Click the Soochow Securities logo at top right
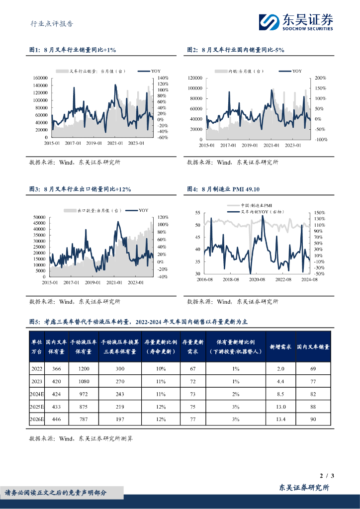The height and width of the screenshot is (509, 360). click(x=295, y=22)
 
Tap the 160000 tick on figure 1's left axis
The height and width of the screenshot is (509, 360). click(x=39, y=78)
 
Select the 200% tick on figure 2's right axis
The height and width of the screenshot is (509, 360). click(x=320, y=78)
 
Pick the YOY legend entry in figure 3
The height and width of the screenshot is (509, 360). click(x=137, y=210)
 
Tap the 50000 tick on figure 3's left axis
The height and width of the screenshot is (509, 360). click(x=39, y=217)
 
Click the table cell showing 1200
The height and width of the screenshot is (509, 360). click(x=83, y=369)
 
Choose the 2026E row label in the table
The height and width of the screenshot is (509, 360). click(x=37, y=419)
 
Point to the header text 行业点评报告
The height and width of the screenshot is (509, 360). click(x=52, y=23)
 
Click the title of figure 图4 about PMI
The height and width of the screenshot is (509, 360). click(x=223, y=189)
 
